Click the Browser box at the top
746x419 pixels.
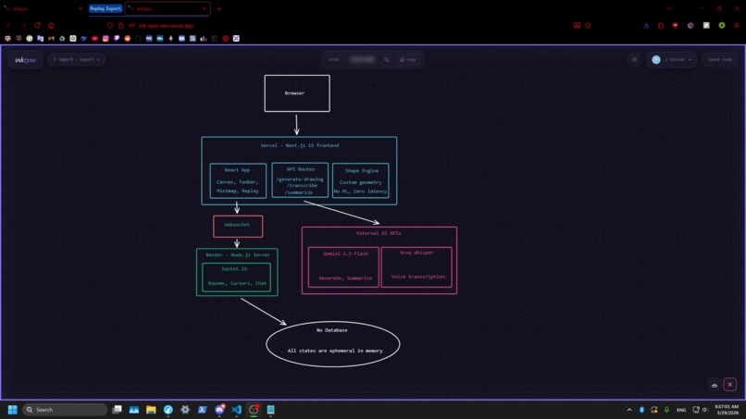[296, 93]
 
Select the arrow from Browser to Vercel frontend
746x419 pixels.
[296, 124]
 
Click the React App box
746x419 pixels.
[238, 180]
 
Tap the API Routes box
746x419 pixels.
[300, 180]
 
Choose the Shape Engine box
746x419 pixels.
[361, 180]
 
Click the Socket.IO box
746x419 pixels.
[236, 277]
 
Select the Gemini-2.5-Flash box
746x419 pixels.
[343, 266]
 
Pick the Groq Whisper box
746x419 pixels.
[417, 265]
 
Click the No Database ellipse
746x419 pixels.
[332, 342]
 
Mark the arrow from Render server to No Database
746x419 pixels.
[263, 311]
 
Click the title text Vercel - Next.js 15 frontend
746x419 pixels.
[299, 145]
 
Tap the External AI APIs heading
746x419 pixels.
[379, 233]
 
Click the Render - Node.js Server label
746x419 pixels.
[237, 254]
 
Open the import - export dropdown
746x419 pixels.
[76, 59]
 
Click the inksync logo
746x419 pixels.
[25, 59]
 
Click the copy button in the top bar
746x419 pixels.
[408, 59]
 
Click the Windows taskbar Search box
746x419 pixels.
[65, 410]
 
